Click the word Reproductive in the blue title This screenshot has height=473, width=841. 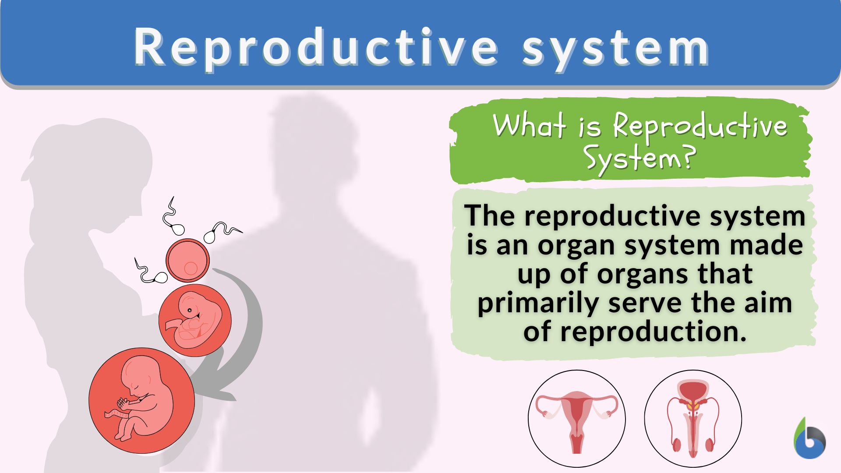pyautogui.click(x=315, y=47)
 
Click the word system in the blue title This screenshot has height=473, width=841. pyautogui.click(x=615, y=47)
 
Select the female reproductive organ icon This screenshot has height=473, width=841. pyautogui.click(x=576, y=418)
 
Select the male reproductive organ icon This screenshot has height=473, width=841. pyautogui.click(x=693, y=418)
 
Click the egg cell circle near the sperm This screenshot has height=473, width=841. pyautogui.click(x=187, y=261)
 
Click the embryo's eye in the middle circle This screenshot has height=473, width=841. pyautogui.click(x=189, y=311)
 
